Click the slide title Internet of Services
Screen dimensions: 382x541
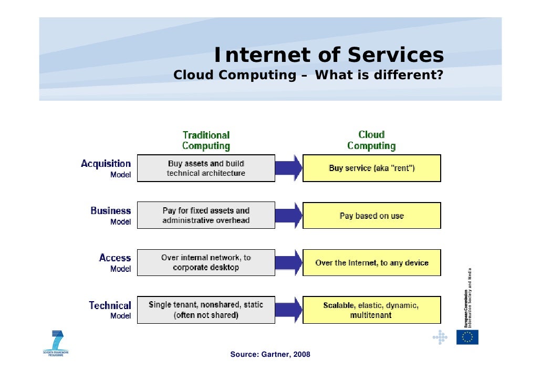tap(329, 55)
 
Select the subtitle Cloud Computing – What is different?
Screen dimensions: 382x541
tap(309, 75)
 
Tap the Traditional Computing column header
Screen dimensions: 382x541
tap(206, 141)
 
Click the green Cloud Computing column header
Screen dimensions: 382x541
tap(371, 141)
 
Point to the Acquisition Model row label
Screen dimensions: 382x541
tap(106, 168)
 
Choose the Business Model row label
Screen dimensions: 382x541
tap(111, 215)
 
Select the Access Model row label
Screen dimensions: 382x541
tap(115, 262)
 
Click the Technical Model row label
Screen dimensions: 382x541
tap(110, 310)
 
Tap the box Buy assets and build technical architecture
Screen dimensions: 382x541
tap(206, 168)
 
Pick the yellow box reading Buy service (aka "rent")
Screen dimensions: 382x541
tap(372, 168)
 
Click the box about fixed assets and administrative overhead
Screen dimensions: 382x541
tap(206, 215)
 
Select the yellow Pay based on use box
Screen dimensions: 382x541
tap(372, 216)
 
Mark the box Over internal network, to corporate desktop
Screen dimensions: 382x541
tap(206, 262)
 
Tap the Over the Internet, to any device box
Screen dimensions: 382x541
tap(372, 262)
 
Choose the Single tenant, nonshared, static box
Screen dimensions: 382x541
tap(206, 310)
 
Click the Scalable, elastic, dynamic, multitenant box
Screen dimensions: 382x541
tap(372, 310)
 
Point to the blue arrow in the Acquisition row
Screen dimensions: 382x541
tap(289, 168)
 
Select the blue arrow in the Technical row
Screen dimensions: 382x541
tap(289, 310)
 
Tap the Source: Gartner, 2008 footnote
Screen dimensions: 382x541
tap(270, 355)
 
